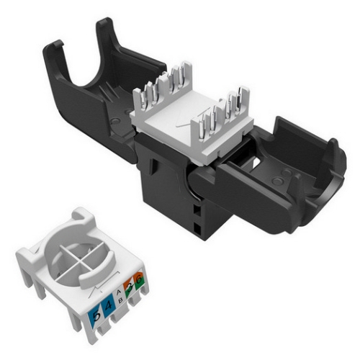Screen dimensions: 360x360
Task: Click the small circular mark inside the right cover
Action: tap(284, 174)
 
